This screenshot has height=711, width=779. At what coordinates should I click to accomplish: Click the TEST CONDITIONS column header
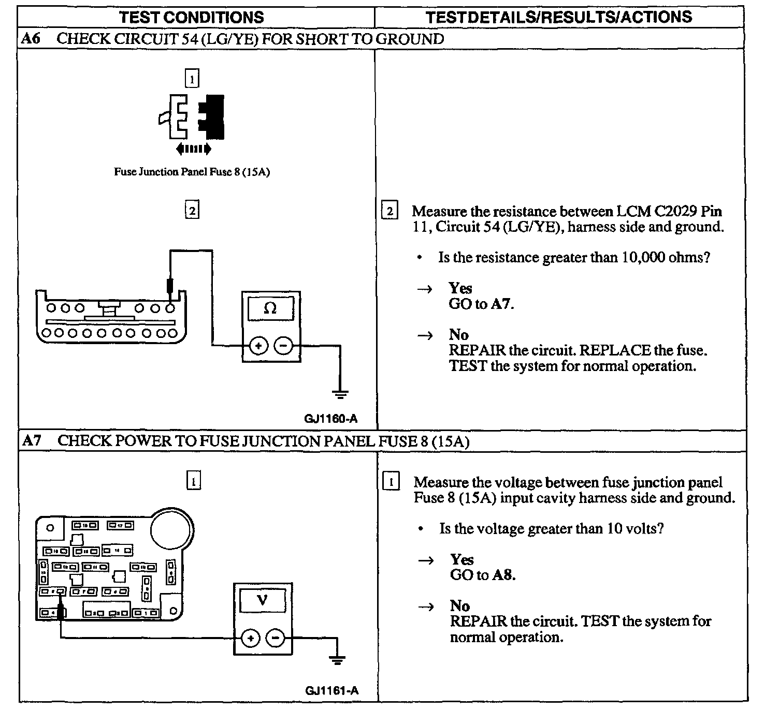[192, 17]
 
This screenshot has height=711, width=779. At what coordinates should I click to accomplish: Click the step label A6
[32, 39]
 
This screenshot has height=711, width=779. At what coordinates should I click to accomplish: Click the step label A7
[32, 441]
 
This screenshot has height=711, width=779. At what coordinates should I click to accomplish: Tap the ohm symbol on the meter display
[270, 308]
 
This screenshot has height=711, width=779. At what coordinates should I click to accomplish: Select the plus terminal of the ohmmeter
[258, 345]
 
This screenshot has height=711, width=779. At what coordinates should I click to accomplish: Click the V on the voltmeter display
[263, 600]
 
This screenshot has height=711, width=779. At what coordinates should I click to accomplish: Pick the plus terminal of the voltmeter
[251, 638]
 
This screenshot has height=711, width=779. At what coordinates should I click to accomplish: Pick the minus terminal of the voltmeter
[275, 638]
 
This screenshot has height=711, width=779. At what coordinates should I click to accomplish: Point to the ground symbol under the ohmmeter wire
[340, 394]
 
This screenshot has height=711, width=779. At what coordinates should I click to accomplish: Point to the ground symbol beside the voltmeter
[337, 659]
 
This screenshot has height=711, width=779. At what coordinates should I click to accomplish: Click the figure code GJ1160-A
[330, 419]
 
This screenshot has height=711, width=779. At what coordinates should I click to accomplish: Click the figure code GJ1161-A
[331, 690]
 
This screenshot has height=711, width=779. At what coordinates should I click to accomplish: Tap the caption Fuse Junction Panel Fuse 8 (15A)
[192, 172]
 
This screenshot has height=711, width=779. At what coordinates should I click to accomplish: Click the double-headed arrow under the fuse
[193, 149]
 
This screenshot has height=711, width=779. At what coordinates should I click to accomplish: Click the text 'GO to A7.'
[481, 304]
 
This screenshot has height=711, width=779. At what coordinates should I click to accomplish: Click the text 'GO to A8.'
[483, 575]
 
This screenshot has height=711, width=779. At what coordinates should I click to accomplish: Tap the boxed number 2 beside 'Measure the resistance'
[389, 211]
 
